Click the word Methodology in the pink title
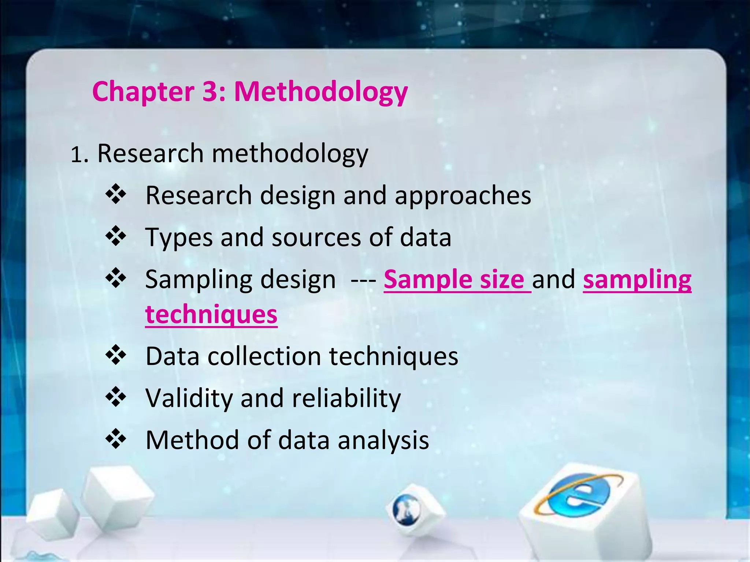coord(321,92)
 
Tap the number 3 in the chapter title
coord(210,91)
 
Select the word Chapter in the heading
coord(143,92)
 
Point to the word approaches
coord(463,196)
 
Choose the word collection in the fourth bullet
coord(264,356)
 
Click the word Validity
coord(189,398)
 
